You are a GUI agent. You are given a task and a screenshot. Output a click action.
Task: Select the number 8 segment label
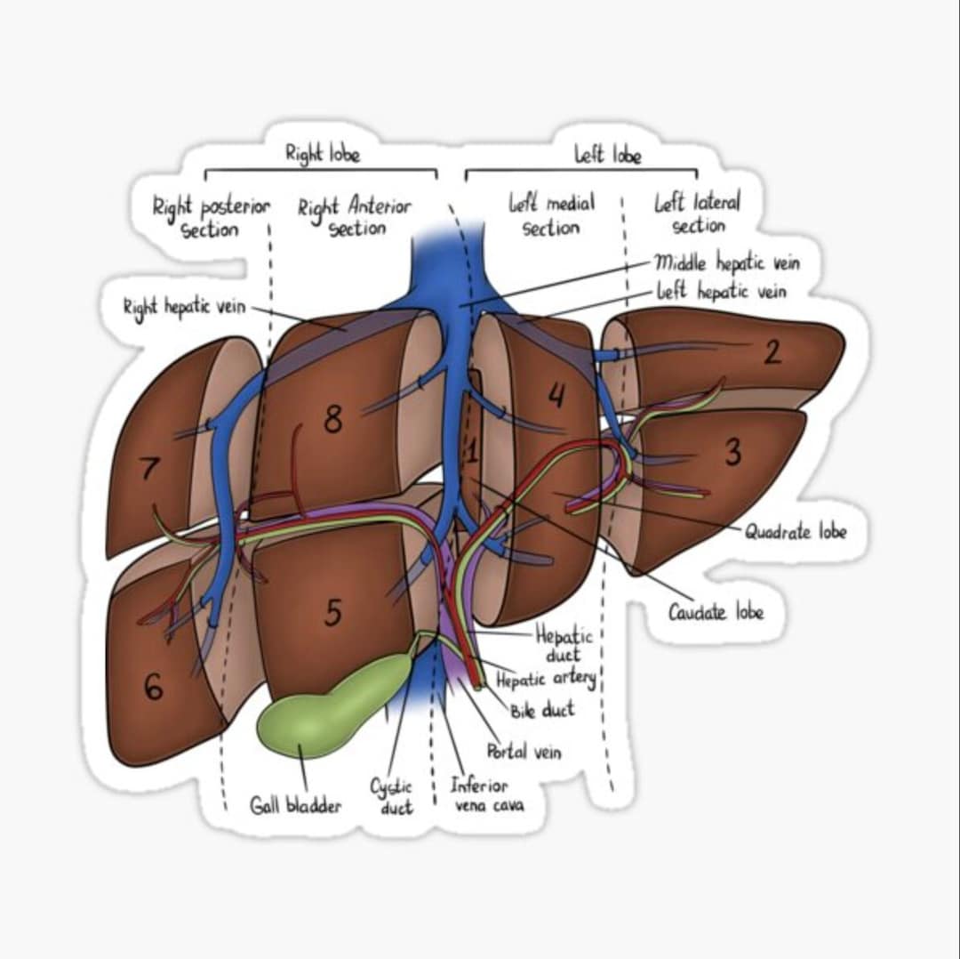(332, 418)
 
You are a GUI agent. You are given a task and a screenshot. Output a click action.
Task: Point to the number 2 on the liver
(772, 352)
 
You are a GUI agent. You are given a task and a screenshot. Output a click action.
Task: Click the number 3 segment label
(732, 452)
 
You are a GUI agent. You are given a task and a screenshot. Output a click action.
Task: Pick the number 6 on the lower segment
(153, 687)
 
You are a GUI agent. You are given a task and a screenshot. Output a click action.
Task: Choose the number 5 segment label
(332, 612)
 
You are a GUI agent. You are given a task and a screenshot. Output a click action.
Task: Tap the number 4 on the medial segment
(556, 395)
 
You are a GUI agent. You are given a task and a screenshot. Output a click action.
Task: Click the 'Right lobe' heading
(322, 153)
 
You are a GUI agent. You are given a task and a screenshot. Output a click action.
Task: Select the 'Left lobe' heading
(607, 155)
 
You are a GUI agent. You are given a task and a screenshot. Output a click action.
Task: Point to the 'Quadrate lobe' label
(796, 532)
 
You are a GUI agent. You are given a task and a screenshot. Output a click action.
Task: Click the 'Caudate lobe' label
(716, 612)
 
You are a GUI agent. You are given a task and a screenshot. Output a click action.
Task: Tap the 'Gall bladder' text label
(295, 806)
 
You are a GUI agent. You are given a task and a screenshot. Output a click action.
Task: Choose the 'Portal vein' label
(524, 752)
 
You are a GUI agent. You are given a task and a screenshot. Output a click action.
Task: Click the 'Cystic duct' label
(392, 796)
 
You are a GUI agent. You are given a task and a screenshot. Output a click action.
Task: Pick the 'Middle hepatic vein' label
(726, 262)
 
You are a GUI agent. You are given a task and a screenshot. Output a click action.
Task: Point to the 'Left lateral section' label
(697, 214)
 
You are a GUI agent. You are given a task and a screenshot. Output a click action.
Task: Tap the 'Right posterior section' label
(210, 218)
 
